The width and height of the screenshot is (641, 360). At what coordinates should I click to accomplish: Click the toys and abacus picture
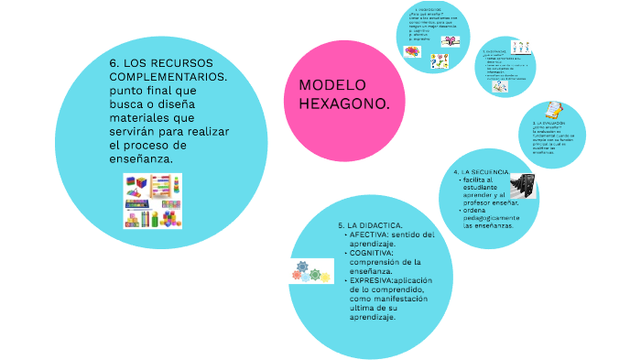(x=153, y=201)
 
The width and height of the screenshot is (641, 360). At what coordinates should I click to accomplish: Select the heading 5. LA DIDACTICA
(x=366, y=224)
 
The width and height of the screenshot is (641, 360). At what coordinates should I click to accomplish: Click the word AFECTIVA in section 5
(x=369, y=235)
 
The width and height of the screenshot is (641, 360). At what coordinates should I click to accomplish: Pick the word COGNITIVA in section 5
(x=371, y=253)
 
